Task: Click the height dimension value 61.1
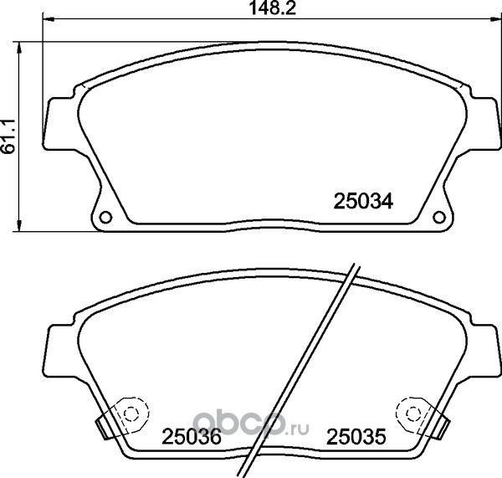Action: pyautogui.click(x=8, y=136)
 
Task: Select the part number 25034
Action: pyautogui.click(x=363, y=202)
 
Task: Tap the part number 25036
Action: pyautogui.click(x=192, y=437)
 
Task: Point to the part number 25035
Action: pyautogui.click(x=356, y=437)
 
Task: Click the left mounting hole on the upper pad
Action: pyautogui.click(x=105, y=217)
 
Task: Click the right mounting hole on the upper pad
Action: pyautogui.click(x=439, y=217)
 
